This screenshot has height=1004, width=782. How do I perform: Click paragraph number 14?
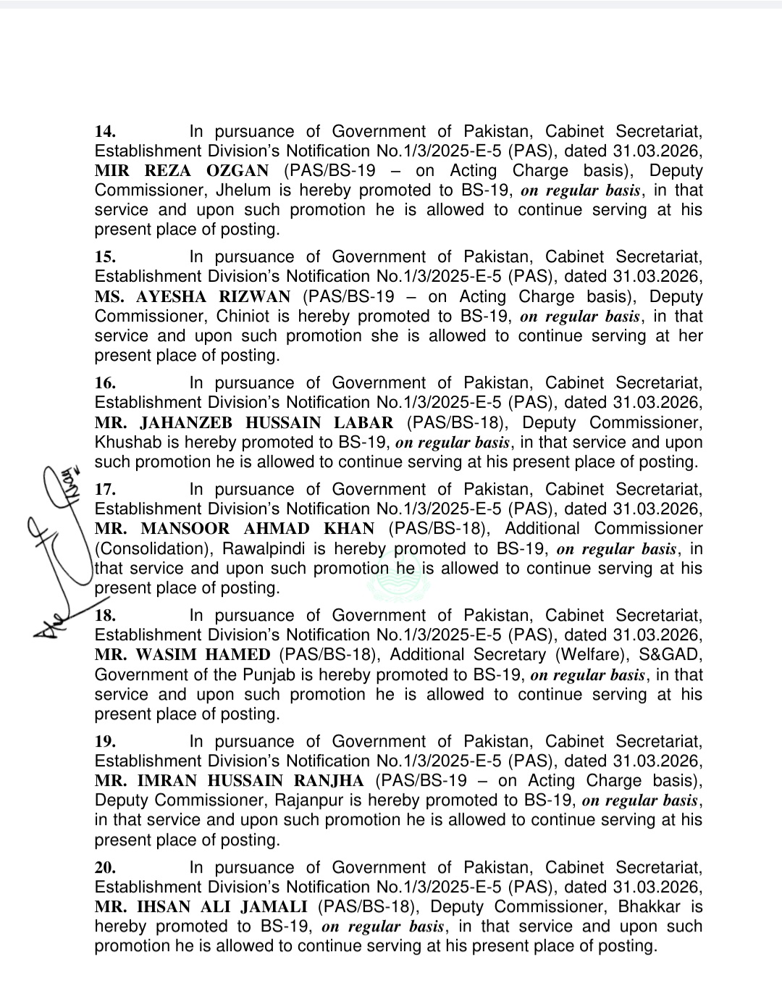click(x=105, y=132)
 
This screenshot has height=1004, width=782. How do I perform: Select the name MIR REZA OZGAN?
click(x=181, y=171)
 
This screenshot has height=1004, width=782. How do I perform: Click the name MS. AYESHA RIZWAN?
click(x=192, y=297)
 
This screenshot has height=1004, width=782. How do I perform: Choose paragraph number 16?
click(x=105, y=383)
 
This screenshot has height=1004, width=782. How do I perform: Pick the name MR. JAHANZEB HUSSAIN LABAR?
click(x=244, y=423)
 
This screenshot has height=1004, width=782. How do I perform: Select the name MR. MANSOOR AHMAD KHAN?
click(x=235, y=529)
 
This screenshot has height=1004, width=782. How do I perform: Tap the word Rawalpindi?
click(x=266, y=549)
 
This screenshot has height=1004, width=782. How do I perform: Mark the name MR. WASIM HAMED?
click(x=182, y=655)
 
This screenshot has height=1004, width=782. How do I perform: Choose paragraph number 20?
click(x=105, y=868)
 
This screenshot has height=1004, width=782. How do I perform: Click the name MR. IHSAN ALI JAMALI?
click(x=201, y=907)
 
